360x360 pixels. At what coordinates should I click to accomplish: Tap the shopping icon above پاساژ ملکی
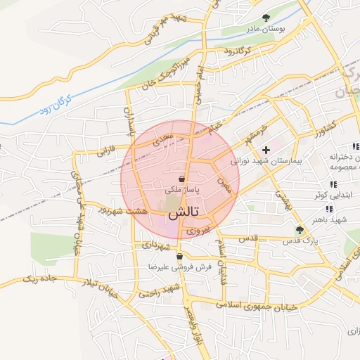point(182,179)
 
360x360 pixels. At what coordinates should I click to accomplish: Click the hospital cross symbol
point(266,150)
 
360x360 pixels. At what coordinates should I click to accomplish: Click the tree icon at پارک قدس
point(300,229)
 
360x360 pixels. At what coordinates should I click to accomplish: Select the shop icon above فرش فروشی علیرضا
point(181,257)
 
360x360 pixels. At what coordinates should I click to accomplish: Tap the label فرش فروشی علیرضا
point(181,268)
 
